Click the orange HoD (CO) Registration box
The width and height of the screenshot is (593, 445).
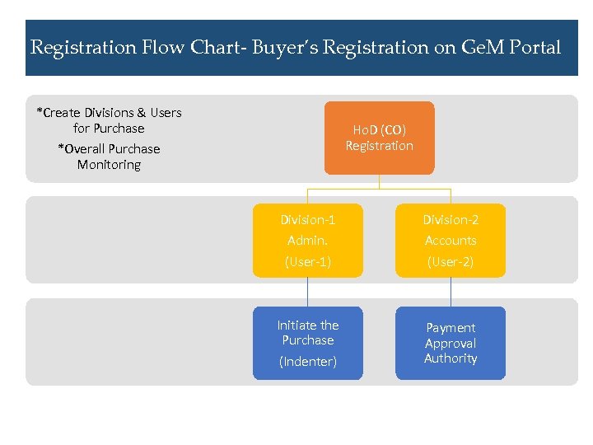[x=379, y=138]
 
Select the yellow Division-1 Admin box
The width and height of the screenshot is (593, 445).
[x=307, y=240]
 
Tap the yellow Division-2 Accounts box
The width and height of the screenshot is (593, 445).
[x=451, y=240]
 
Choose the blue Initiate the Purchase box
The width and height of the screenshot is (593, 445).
[x=307, y=343]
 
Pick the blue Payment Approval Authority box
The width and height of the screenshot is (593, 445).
[x=451, y=343]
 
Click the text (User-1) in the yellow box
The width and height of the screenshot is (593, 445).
[x=307, y=262]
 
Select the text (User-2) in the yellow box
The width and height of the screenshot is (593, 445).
[x=451, y=262]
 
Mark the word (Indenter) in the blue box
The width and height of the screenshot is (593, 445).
[x=307, y=362]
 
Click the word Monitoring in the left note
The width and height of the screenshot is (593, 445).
[x=109, y=165]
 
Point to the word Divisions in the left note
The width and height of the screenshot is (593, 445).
[x=105, y=113]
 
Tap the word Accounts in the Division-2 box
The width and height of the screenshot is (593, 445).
[x=451, y=241]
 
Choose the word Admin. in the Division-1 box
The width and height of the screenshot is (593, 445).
[x=307, y=241]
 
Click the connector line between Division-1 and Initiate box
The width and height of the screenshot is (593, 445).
[x=307, y=292]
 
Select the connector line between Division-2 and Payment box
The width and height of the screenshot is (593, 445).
[x=451, y=292]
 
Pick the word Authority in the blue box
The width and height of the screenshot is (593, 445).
[x=451, y=358]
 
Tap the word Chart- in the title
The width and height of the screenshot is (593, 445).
[x=213, y=48]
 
